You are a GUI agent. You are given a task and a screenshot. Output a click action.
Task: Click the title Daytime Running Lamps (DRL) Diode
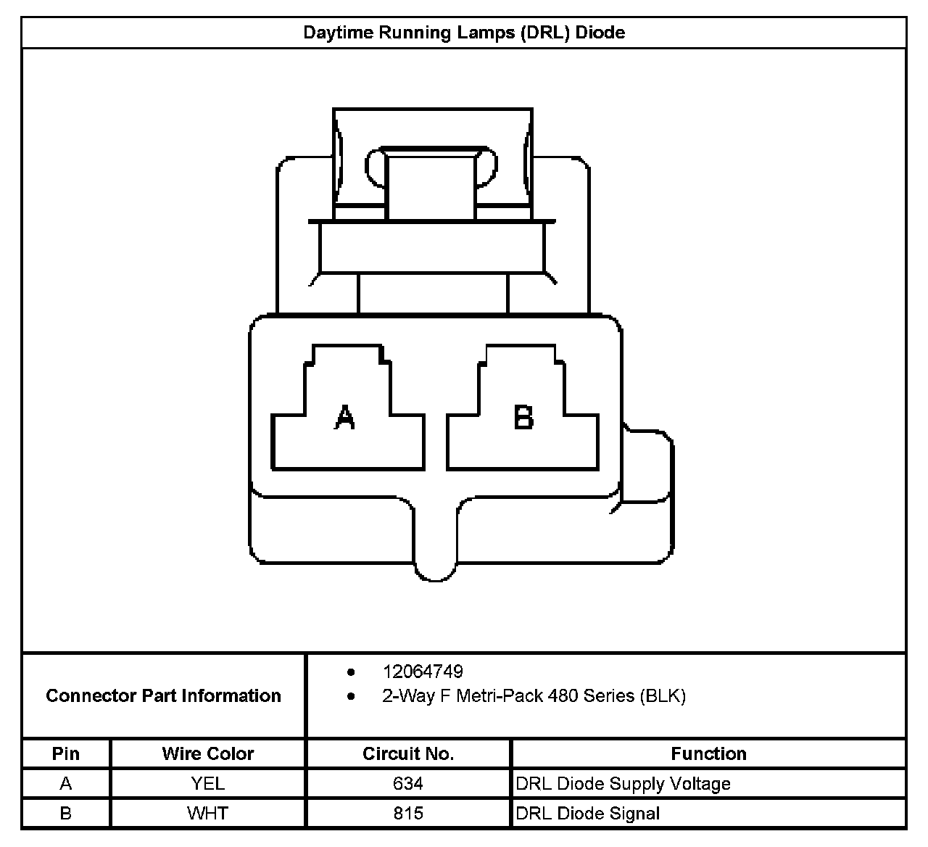(464, 33)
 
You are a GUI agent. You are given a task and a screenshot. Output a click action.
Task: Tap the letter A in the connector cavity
(345, 417)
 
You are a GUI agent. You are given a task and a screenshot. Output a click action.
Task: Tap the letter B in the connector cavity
(523, 417)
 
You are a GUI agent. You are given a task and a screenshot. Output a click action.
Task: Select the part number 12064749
(423, 672)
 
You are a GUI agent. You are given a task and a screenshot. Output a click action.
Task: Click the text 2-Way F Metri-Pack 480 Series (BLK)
(534, 696)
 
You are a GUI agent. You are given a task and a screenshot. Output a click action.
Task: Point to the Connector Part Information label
(163, 696)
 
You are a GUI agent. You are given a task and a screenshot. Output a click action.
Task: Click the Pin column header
(66, 753)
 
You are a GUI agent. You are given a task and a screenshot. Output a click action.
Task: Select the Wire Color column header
(208, 753)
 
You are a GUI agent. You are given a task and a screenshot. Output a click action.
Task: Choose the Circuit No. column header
(408, 753)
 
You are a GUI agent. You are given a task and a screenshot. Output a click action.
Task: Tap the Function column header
(708, 753)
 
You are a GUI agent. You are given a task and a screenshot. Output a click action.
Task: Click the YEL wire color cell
(208, 784)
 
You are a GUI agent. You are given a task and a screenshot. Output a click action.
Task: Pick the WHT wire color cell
(208, 814)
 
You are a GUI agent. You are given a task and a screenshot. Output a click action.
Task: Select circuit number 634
(408, 784)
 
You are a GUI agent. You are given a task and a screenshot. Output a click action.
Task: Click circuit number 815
(408, 814)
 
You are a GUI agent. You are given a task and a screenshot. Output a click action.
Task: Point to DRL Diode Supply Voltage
(623, 784)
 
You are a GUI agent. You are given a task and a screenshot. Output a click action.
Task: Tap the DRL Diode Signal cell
(587, 814)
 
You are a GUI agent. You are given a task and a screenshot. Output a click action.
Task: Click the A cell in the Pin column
(66, 784)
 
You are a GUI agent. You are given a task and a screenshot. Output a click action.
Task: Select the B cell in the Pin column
(66, 814)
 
